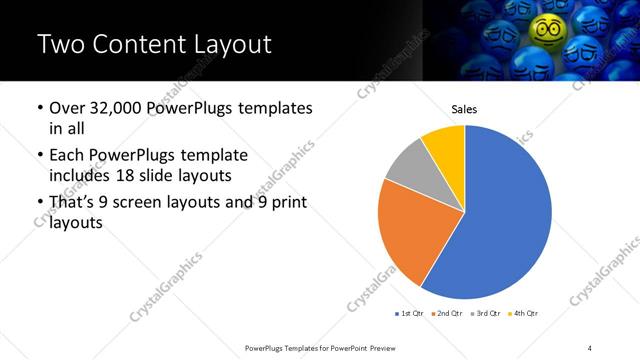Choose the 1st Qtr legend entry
click(409, 313)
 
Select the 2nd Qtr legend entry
click(447, 313)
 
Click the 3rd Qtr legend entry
click(485, 313)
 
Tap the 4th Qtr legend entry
click(523, 313)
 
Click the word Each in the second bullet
click(66, 156)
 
